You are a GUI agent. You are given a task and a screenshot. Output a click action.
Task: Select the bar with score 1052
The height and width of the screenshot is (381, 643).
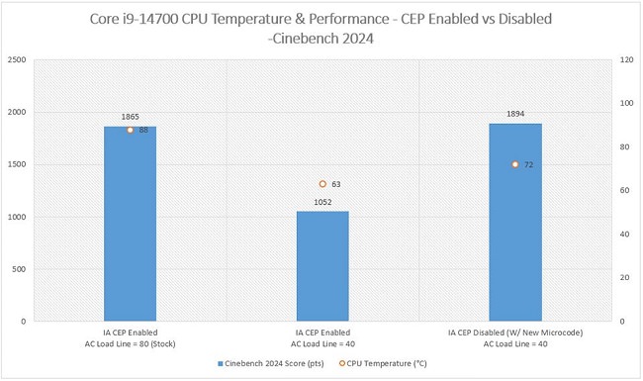[322, 266]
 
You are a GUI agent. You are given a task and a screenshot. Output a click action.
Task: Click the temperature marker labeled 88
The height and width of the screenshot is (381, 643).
[130, 130]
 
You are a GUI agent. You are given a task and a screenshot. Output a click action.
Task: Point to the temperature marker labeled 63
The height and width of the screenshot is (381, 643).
[322, 184]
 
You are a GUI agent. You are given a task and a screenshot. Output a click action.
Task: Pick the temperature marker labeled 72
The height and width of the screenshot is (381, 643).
[515, 164]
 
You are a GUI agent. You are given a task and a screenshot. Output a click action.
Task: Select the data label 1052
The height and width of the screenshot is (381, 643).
[322, 202]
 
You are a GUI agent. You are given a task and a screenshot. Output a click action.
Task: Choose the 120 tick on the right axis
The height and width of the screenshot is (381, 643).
[625, 60]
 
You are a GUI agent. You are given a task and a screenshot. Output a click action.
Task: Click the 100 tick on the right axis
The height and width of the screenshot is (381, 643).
[625, 104]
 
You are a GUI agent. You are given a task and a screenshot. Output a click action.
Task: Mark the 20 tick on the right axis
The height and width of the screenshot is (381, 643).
[622, 278]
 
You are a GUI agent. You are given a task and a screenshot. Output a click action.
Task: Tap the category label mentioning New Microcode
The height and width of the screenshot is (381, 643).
[515, 333]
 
